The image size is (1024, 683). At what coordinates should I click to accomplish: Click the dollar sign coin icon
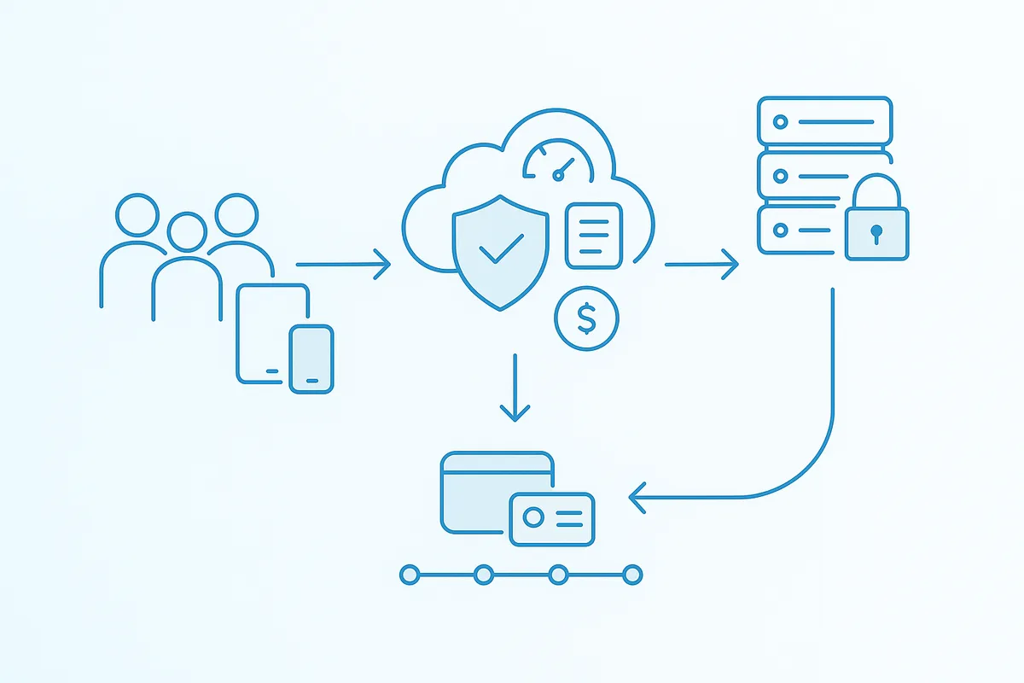[586, 318]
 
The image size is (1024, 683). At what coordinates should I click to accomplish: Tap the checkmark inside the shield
[501, 248]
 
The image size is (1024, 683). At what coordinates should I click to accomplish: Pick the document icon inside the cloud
[594, 234]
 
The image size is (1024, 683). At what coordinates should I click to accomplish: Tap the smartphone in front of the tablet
[311, 359]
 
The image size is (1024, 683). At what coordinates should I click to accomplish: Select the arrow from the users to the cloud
[342, 265]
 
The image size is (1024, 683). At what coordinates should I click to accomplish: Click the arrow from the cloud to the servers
[701, 265]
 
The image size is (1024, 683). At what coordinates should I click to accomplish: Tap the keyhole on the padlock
[876, 232]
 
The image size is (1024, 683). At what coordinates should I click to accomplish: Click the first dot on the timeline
[409, 575]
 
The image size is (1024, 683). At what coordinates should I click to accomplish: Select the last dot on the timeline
[632, 575]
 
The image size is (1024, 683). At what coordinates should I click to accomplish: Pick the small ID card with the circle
[551, 517]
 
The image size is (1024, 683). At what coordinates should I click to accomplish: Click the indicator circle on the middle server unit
[780, 177]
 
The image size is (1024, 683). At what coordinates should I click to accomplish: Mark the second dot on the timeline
[484, 575]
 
